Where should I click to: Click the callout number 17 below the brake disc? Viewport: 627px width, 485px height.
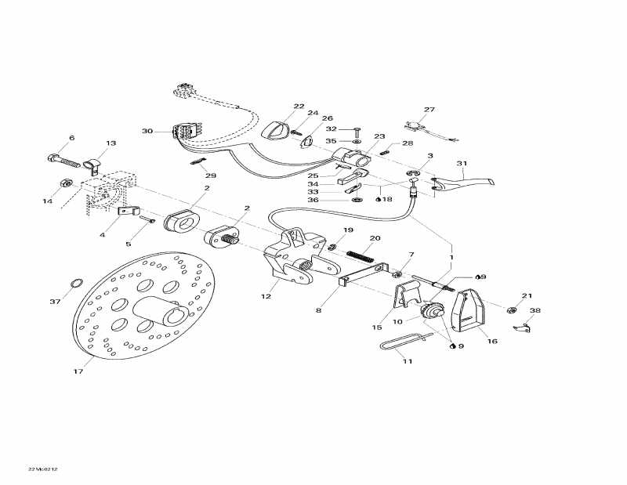click(x=78, y=372)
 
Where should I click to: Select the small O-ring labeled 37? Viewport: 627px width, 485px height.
click(x=77, y=282)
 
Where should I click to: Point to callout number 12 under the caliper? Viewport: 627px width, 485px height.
click(x=266, y=296)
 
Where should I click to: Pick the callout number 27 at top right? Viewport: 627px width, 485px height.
click(x=429, y=110)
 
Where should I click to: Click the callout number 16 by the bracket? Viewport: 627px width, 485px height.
click(x=493, y=341)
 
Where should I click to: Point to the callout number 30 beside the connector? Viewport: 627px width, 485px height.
click(x=147, y=131)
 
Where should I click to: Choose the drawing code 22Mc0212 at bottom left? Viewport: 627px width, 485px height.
click(x=43, y=469)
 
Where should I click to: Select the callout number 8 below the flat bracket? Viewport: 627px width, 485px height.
click(x=318, y=311)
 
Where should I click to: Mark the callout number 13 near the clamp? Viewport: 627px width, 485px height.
click(x=111, y=143)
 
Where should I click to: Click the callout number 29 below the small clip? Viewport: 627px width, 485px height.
click(x=211, y=176)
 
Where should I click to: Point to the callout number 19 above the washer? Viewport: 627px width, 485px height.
click(x=348, y=230)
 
